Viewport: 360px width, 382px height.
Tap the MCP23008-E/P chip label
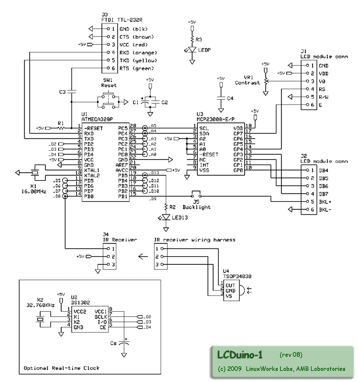[x=215, y=119]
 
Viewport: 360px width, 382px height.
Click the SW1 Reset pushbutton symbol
[x=109, y=102]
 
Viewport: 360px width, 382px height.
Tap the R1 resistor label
[x=61, y=123]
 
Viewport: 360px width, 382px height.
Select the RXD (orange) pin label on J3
[x=131, y=52]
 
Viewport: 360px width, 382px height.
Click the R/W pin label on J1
[x=324, y=97]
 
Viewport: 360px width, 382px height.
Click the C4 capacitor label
[x=230, y=98]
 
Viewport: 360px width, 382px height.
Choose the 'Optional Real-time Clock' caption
[x=62, y=367]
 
